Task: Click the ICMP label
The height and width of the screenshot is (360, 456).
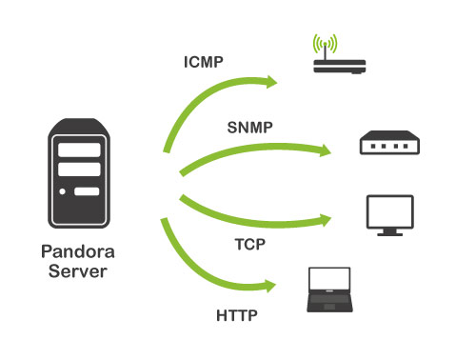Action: pos(204,62)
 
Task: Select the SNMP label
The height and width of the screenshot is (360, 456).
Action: pos(249,128)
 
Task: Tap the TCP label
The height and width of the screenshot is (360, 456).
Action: pos(250,245)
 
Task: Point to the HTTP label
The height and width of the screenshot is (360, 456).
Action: pos(237,315)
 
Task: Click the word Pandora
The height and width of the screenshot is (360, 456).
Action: pos(78,251)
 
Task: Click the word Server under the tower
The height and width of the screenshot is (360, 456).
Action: pos(78,271)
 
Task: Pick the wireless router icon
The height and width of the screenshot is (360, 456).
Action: pos(339,54)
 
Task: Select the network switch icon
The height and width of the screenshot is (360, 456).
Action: pos(389,143)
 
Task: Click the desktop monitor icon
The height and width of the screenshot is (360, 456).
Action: pos(390,215)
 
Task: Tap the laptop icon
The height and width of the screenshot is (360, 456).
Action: pos(329,290)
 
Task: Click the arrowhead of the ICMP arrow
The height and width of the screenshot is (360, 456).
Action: pos(271,82)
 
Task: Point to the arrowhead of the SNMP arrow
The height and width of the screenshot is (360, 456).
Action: pos(325,150)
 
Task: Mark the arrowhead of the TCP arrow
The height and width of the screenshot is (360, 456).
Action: pos(325,220)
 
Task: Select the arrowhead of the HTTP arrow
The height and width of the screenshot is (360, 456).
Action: pos(270,286)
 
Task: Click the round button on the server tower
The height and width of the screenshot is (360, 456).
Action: pos(63,191)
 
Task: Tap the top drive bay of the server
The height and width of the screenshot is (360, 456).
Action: pos(79,150)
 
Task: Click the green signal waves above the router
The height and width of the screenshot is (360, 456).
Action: pos(325,43)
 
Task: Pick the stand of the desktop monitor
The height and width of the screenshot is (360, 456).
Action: pos(390,232)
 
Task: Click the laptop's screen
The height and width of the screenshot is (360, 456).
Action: pos(329,279)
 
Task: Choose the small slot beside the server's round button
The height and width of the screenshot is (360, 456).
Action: pos(87,191)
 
